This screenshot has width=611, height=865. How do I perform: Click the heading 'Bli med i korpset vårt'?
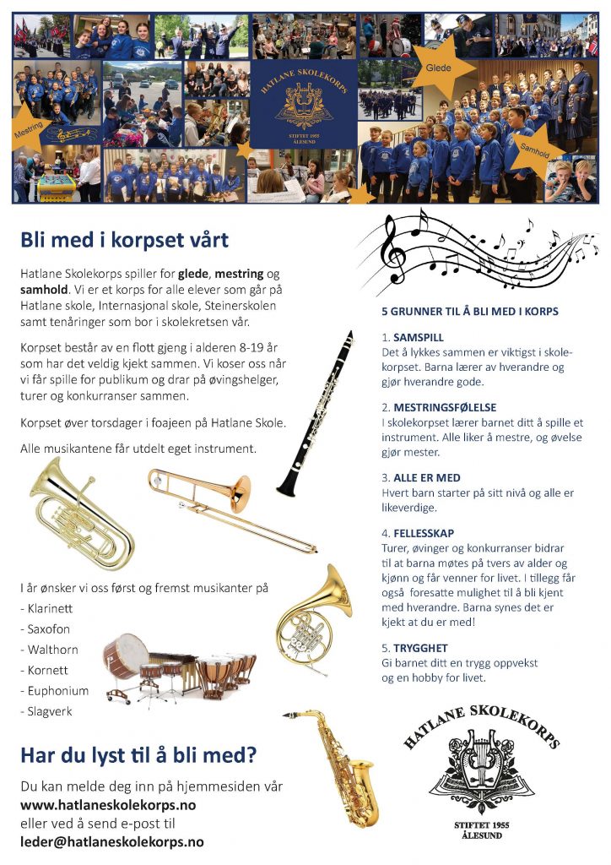124,240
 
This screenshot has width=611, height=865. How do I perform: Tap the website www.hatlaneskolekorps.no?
108,805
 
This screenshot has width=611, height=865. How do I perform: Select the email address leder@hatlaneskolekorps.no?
112,841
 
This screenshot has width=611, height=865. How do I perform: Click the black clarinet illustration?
316,414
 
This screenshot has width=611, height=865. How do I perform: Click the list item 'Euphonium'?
57,691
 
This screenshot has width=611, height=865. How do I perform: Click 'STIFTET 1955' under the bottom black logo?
481,824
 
